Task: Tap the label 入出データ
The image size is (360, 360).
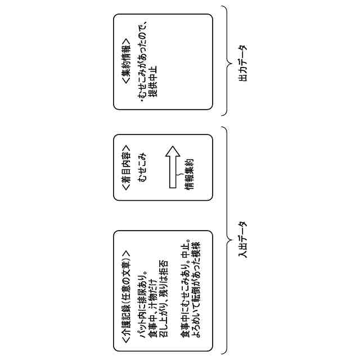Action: [242, 239]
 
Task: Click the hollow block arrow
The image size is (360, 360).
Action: [172, 166]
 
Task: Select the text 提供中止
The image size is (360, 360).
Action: [152, 82]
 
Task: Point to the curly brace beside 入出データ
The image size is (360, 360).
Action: [225, 239]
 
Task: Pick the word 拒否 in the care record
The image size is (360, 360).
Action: [163, 268]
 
